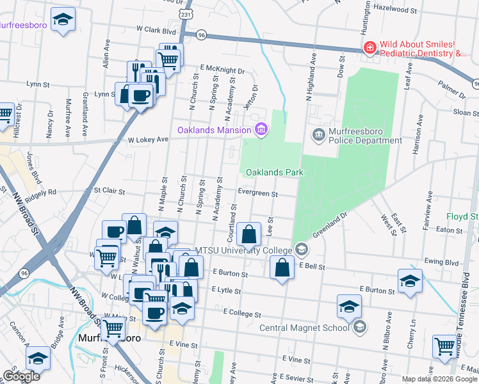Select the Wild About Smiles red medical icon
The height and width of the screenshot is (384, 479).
click(369, 48)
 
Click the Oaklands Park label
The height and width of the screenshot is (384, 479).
click(274, 172)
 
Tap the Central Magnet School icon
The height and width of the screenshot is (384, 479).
click(359, 328)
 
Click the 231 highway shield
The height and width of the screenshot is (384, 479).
click(186, 13)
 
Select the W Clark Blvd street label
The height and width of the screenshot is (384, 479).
click(156, 30)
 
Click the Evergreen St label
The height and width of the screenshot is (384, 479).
click(257, 193)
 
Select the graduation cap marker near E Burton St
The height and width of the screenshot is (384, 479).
click(410, 282)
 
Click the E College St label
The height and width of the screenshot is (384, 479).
click(242, 314)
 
